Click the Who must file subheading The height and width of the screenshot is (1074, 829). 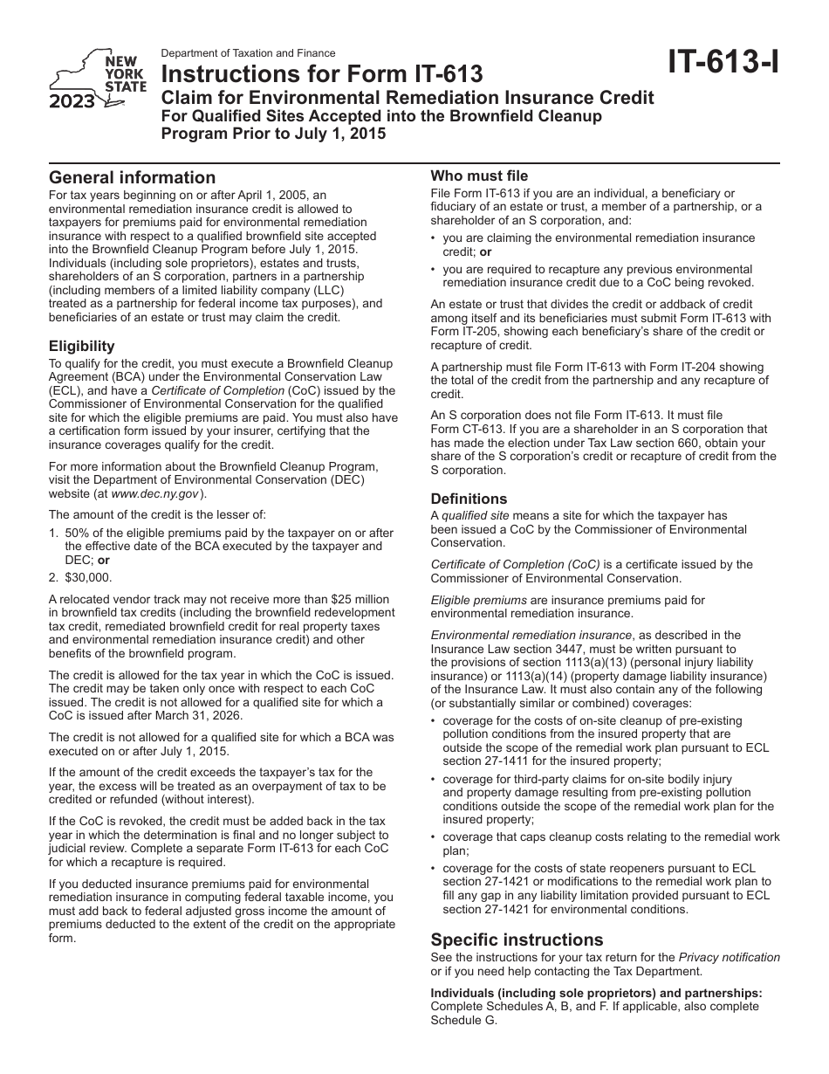(479, 176)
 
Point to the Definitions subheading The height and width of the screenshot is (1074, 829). (469, 499)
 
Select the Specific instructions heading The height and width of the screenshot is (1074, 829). (517, 940)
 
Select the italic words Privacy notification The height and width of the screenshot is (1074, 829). (729, 958)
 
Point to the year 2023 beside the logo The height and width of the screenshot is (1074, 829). (72, 103)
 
